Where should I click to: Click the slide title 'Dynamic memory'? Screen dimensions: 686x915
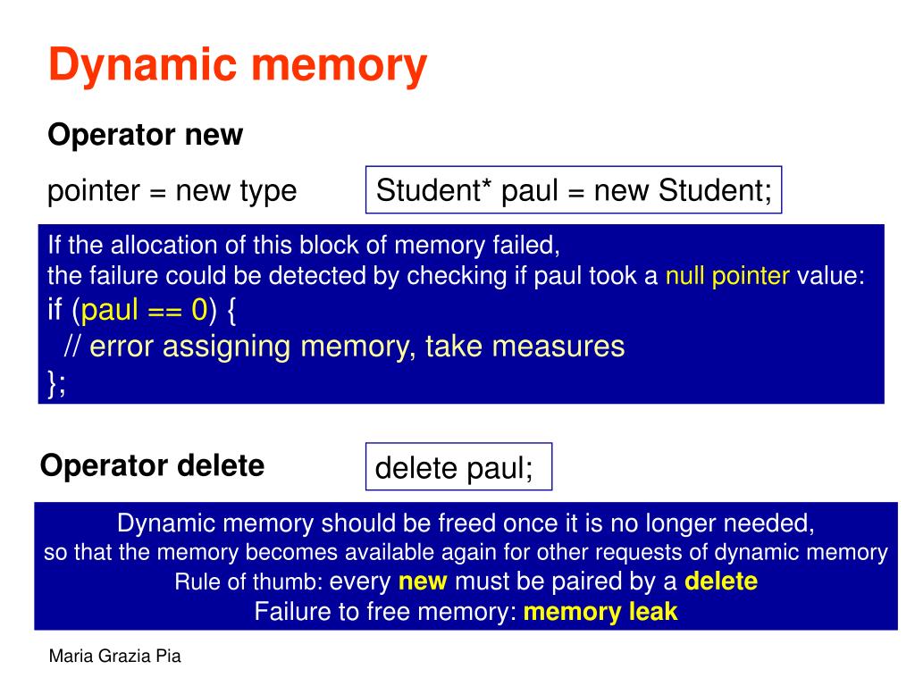pos(237,67)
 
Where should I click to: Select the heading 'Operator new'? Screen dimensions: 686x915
pos(145,135)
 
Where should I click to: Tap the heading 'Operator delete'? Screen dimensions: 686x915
pos(152,465)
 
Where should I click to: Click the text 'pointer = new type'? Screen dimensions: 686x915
pos(172,190)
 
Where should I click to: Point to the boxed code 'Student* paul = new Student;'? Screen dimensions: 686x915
pos(574,190)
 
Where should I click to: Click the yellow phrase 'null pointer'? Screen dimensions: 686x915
pos(727,276)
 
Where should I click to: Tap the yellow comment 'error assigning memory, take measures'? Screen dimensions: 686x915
pos(357,346)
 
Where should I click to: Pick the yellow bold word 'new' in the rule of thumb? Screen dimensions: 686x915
pos(423,581)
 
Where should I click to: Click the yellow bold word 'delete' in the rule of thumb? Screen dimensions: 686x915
pos(720,581)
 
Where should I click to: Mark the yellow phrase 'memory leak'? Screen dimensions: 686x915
pos(600,612)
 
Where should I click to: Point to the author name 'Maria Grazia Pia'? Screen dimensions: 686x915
pos(114,657)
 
